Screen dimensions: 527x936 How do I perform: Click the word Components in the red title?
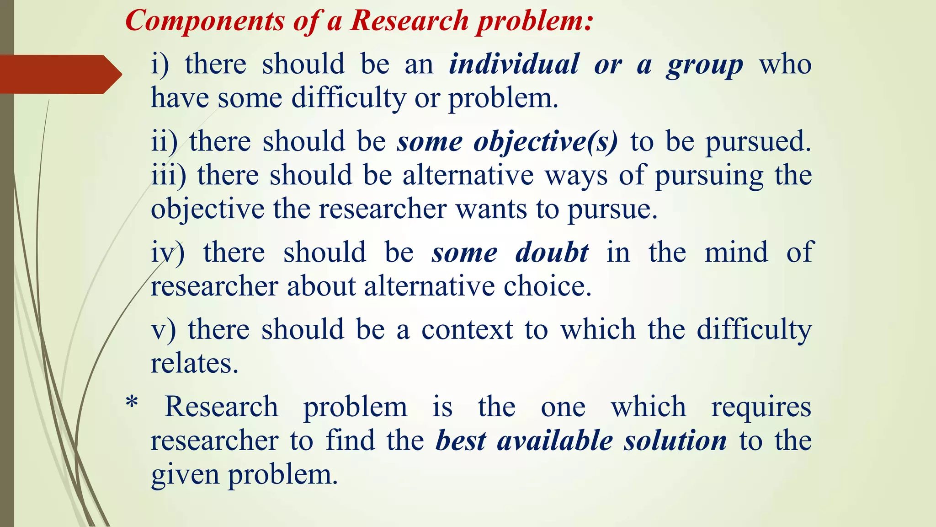tap(205, 22)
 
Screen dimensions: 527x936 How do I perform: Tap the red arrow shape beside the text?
tap(59, 74)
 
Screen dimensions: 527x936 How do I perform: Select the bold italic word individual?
tap(514, 64)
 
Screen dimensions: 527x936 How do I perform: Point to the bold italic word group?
tap(704, 66)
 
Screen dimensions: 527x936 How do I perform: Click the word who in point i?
tap(785, 64)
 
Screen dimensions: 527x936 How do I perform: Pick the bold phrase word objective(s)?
tap(546, 142)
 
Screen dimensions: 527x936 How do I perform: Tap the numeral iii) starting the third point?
tap(169, 175)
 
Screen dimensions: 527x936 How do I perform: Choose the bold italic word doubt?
tap(552, 253)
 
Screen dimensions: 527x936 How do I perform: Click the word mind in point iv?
tap(736, 253)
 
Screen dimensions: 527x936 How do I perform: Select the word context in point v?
tap(467, 330)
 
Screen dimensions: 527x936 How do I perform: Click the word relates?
tap(194, 364)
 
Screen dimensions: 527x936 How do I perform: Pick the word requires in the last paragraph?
tap(761, 407)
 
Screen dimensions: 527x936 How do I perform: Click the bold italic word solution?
tap(675, 441)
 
